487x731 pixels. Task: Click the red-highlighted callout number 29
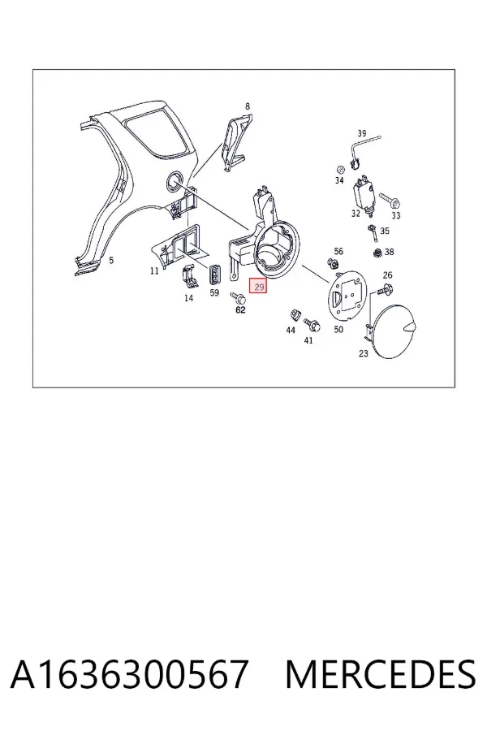point(259,286)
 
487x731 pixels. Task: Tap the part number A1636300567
point(129,674)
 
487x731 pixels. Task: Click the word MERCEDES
point(381,674)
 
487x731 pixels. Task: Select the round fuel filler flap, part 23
point(394,331)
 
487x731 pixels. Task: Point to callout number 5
point(111,260)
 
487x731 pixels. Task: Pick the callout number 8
point(248,106)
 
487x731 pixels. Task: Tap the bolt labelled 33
point(390,201)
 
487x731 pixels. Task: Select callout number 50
point(338,329)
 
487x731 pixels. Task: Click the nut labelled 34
point(340,169)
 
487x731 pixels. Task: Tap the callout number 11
point(154,270)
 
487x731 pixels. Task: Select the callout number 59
point(214,292)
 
